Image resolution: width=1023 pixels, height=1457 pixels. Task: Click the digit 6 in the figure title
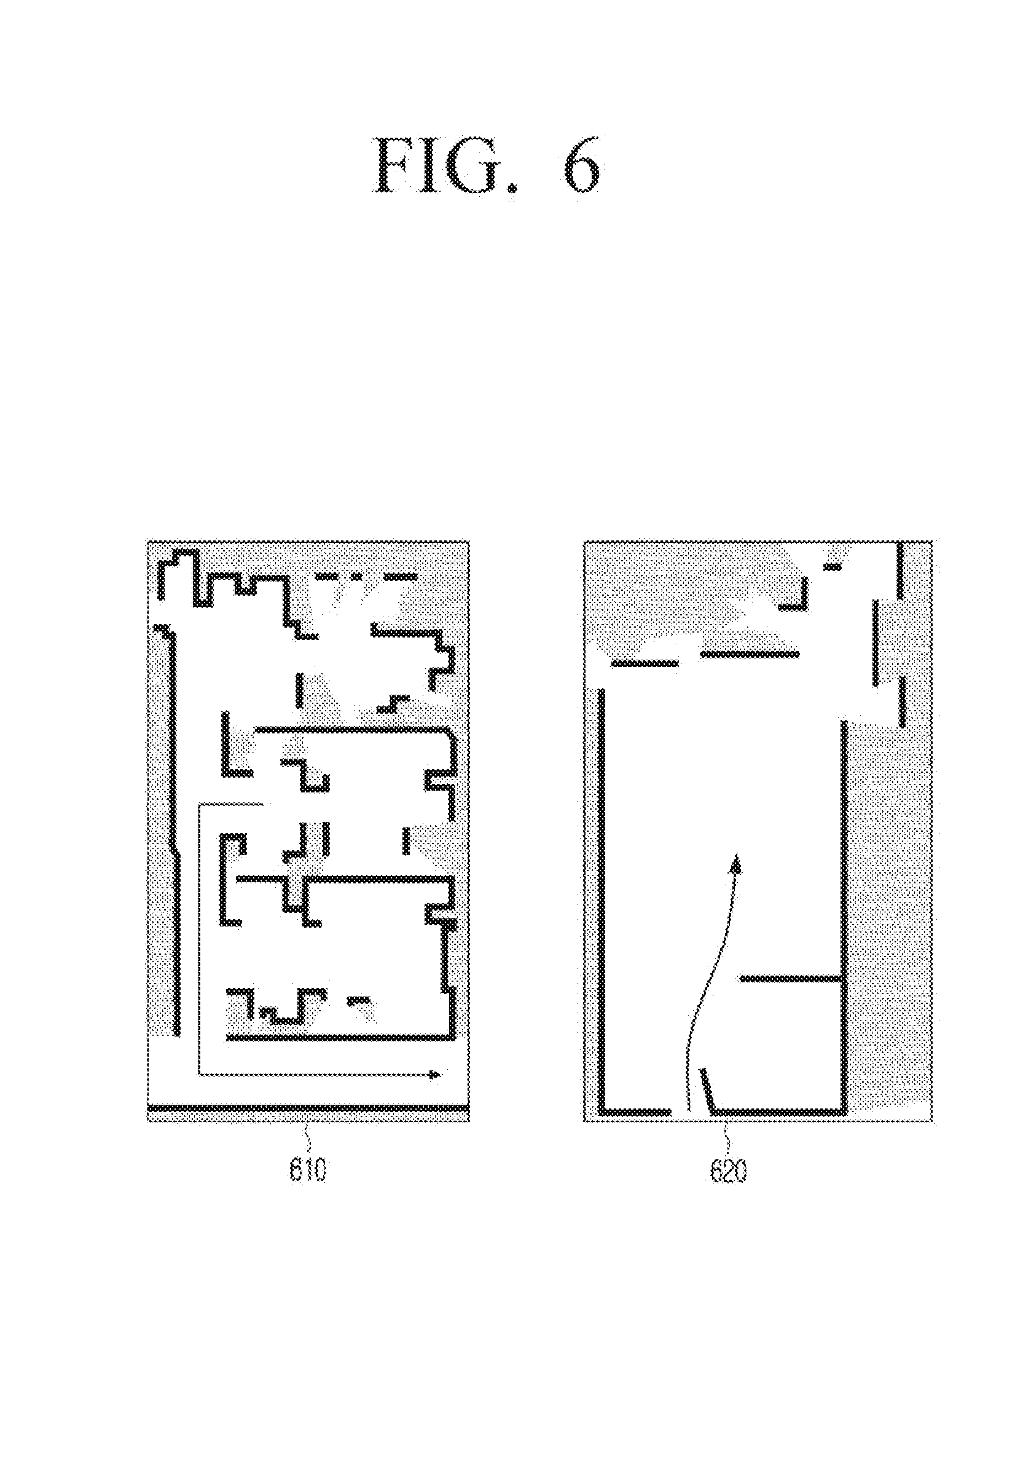click(x=579, y=166)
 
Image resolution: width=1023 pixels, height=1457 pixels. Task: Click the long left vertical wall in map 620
click(x=603, y=901)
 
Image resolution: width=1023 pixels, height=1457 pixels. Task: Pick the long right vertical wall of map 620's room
click(x=844, y=917)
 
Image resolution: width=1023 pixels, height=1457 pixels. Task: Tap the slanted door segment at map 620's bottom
click(x=707, y=1089)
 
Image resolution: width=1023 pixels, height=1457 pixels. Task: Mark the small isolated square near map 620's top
click(x=832, y=567)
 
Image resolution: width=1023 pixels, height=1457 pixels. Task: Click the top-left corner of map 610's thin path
click(x=199, y=805)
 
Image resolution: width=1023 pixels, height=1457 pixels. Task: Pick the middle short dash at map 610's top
click(x=357, y=576)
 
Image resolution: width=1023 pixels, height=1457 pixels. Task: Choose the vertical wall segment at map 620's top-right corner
click(x=900, y=571)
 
